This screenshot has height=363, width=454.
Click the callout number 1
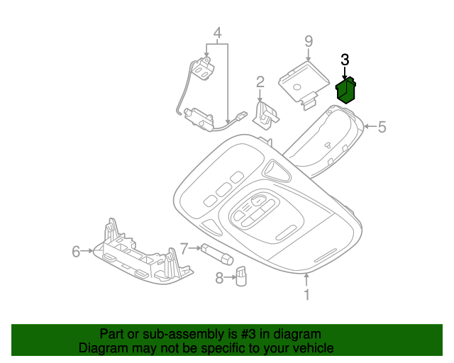coord(306,295)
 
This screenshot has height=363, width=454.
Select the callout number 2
coord(260,82)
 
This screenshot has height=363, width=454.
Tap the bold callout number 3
coord(345,60)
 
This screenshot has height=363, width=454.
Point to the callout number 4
coord(218,33)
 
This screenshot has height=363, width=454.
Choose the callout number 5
coord(382,127)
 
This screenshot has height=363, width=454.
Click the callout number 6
coord(76,251)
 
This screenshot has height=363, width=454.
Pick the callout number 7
coord(184,248)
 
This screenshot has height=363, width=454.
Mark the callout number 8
coord(219,278)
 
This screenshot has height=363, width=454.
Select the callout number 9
coord(309,41)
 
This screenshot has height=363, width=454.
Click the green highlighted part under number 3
coord(345,90)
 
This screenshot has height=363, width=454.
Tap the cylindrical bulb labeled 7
coord(217,254)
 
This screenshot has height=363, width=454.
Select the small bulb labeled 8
coord(241,277)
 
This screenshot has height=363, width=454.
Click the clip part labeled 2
coord(265,115)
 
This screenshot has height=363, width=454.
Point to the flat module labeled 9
coord(304,84)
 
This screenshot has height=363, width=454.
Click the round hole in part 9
coord(297,86)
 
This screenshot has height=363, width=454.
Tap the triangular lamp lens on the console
coord(277,170)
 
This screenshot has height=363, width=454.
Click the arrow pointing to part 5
coord(370,126)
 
